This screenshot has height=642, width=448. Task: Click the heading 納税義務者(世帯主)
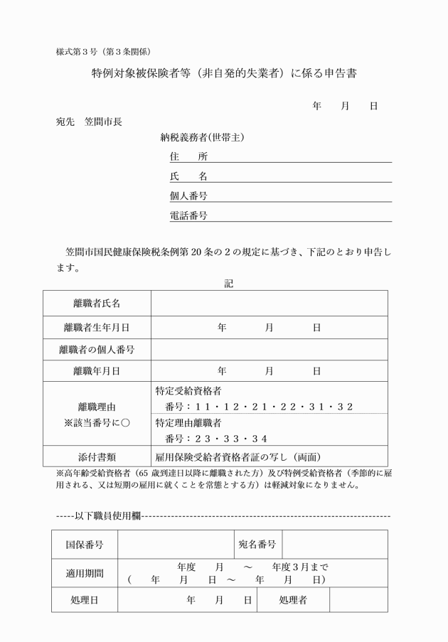202,138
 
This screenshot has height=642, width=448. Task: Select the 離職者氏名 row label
97,304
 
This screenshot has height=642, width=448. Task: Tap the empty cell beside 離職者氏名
270,304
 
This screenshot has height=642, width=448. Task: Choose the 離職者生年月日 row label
97,328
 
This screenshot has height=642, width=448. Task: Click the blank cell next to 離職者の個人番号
270,349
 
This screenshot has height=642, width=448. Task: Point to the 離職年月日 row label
97,370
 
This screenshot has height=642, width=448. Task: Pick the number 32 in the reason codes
346,407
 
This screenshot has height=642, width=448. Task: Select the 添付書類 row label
97,456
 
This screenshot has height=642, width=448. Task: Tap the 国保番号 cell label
85,545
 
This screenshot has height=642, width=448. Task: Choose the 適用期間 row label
85,572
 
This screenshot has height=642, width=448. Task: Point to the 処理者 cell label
293,599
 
